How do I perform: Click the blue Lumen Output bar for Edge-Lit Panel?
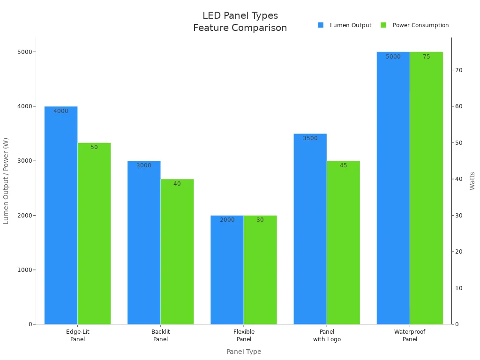pos(61,216)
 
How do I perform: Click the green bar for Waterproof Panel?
pos(426,188)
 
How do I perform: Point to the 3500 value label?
pos(310,138)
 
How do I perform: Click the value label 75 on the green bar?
pos(426,57)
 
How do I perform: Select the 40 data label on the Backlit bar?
pos(177,184)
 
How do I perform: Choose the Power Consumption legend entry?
pos(415,25)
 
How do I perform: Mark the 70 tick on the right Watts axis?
pos(458,70)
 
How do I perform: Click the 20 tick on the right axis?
pos(458,252)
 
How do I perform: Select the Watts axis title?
pos(472,181)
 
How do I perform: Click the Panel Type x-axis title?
pos(244,352)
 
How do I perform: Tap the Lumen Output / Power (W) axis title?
pos(6,181)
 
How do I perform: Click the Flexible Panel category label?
pos(244,336)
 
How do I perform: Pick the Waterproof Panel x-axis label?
pos(410,336)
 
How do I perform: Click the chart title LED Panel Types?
pos(240,16)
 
